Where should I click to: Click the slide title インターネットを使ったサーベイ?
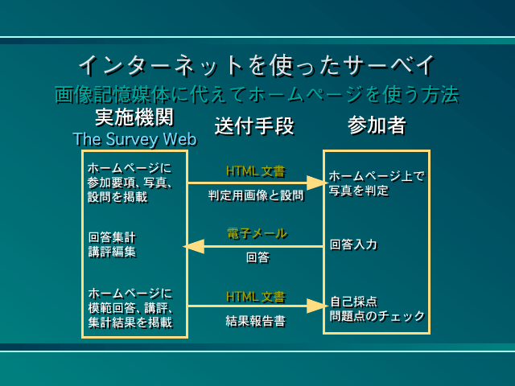click(x=257, y=64)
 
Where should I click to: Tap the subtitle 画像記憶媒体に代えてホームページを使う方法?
click(x=257, y=95)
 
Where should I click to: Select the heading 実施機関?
click(x=134, y=117)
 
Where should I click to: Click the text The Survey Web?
click(x=134, y=139)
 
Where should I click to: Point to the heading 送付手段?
click(x=254, y=126)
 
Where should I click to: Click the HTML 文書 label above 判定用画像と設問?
click(x=255, y=170)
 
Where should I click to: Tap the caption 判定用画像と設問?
click(x=255, y=195)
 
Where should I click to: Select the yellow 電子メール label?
click(x=256, y=233)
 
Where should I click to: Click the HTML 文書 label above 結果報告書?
click(x=255, y=296)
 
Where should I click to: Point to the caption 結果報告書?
click(x=255, y=320)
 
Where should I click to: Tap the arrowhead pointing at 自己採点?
click(x=317, y=306)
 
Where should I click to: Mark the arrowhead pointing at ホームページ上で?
click(x=317, y=183)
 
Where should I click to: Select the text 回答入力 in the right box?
click(x=353, y=244)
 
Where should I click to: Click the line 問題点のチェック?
click(x=377, y=316)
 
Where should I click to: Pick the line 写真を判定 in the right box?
click(x=359, y=191)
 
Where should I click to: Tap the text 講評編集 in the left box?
click(x=112, y=252)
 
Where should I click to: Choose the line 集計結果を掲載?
click(x=130, y=322)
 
